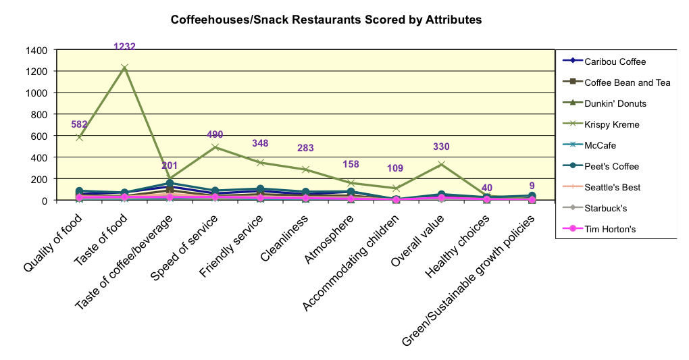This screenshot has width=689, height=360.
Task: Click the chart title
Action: point(326,20)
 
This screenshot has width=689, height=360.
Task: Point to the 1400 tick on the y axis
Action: point(37,50)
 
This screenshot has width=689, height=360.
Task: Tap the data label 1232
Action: point(124,47)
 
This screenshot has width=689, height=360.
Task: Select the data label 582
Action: point(80,125)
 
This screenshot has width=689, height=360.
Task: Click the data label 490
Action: point(215,135)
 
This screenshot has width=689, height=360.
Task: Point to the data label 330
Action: point(441,147)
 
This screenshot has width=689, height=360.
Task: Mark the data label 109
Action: point(396,168)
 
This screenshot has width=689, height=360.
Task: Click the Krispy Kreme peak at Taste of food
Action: point(124,68)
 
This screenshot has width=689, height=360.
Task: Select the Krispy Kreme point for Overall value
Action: point(441,164)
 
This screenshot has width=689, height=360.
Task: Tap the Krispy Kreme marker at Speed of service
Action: point(215,147)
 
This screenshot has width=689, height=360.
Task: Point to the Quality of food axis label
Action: point(54,243)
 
